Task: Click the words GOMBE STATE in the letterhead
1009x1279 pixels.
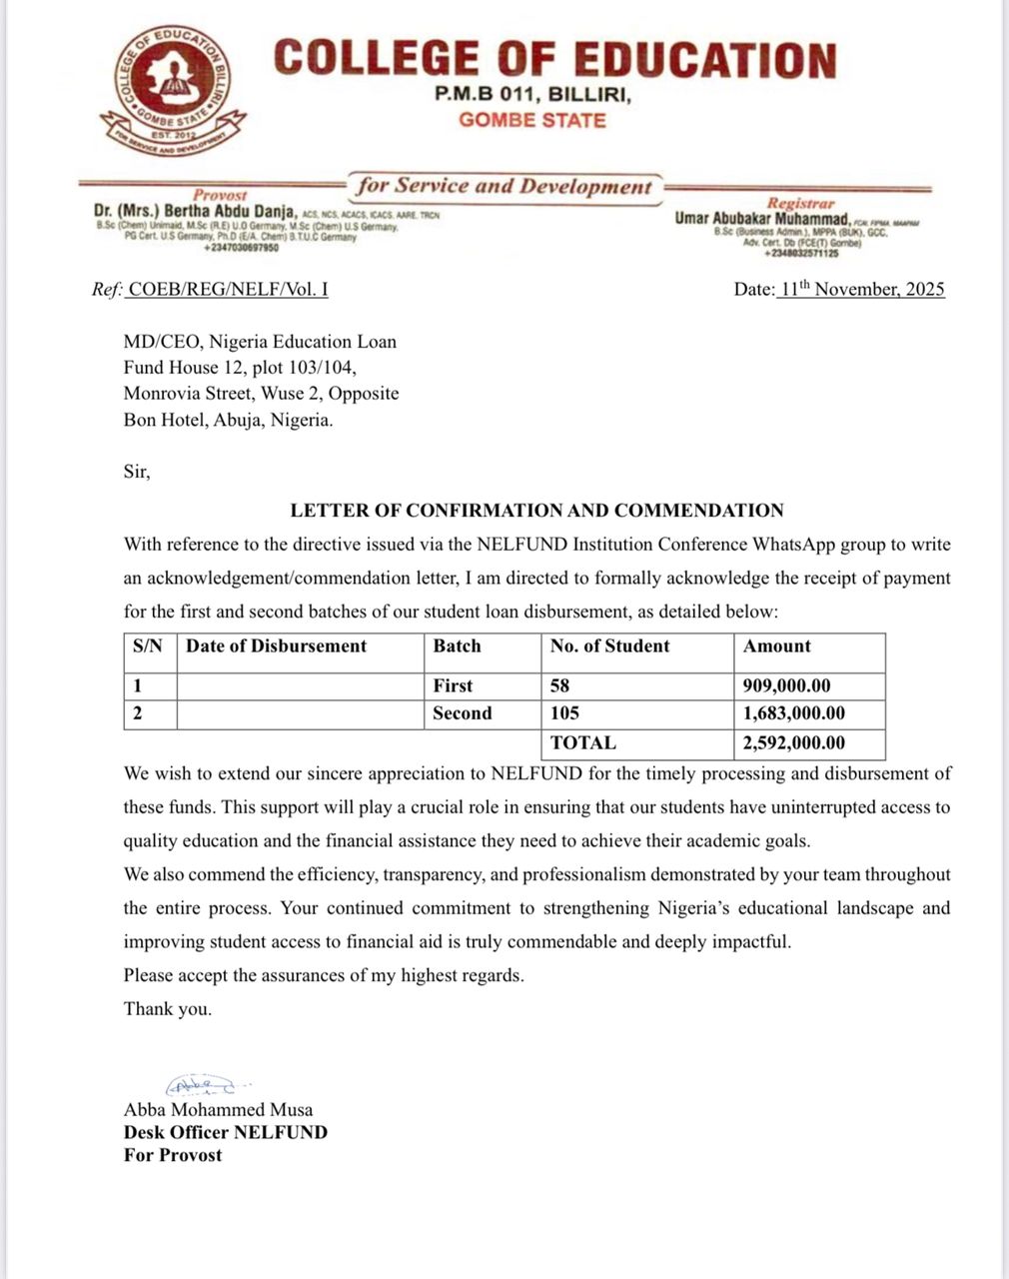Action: coord(532,120)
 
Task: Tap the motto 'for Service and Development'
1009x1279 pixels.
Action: coord(504,186)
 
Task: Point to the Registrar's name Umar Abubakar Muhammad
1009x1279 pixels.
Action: coord(762,218)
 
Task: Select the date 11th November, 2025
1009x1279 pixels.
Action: coord(861,290)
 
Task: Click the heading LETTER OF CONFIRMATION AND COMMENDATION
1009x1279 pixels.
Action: coord(536,511)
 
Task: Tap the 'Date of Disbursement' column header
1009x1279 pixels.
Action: coord(277,646)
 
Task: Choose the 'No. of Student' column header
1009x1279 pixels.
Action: coord(609,646)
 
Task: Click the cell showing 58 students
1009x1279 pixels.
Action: coord(559,685)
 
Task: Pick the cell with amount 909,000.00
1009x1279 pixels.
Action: coord(787,685)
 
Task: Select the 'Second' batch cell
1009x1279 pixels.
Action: coord(463,713)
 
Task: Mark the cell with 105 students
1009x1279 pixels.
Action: coord(564,713)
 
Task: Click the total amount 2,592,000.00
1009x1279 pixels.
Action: coord(794,742)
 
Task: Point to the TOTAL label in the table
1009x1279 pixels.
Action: coord(583,742)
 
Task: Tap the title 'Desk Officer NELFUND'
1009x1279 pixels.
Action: coord(226,1132)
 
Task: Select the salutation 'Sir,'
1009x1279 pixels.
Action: coord(137,472)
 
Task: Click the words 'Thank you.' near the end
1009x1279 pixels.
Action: coord(168,1009)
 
